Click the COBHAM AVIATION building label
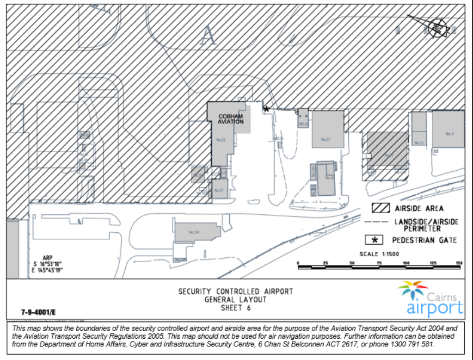click(231, 119)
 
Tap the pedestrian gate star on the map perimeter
click(266, 109)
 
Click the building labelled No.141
click(195, 232)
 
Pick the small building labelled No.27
click(219, 190)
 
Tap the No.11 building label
click(419, 142)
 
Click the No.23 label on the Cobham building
click(220, 140)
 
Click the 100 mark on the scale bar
click(406, 263)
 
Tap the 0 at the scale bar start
click(298, 263)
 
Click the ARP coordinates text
click(48, 264)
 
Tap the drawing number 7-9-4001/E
click(39, 313)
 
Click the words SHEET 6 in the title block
click(235, 307)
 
